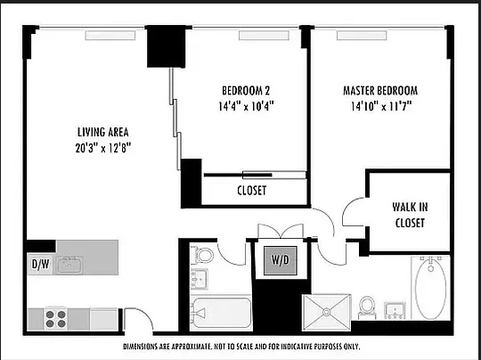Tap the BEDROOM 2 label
(245, 90)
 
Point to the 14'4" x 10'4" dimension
(245, 105)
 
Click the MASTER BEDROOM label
(380, 90)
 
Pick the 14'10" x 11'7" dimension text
(380, 105)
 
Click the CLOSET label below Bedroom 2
(251, 191)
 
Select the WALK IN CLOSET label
(410, 215)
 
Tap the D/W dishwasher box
(40, 264)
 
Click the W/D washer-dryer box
(278, 262)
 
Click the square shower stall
(325, 314)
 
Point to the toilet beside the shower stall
(366, 307)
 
